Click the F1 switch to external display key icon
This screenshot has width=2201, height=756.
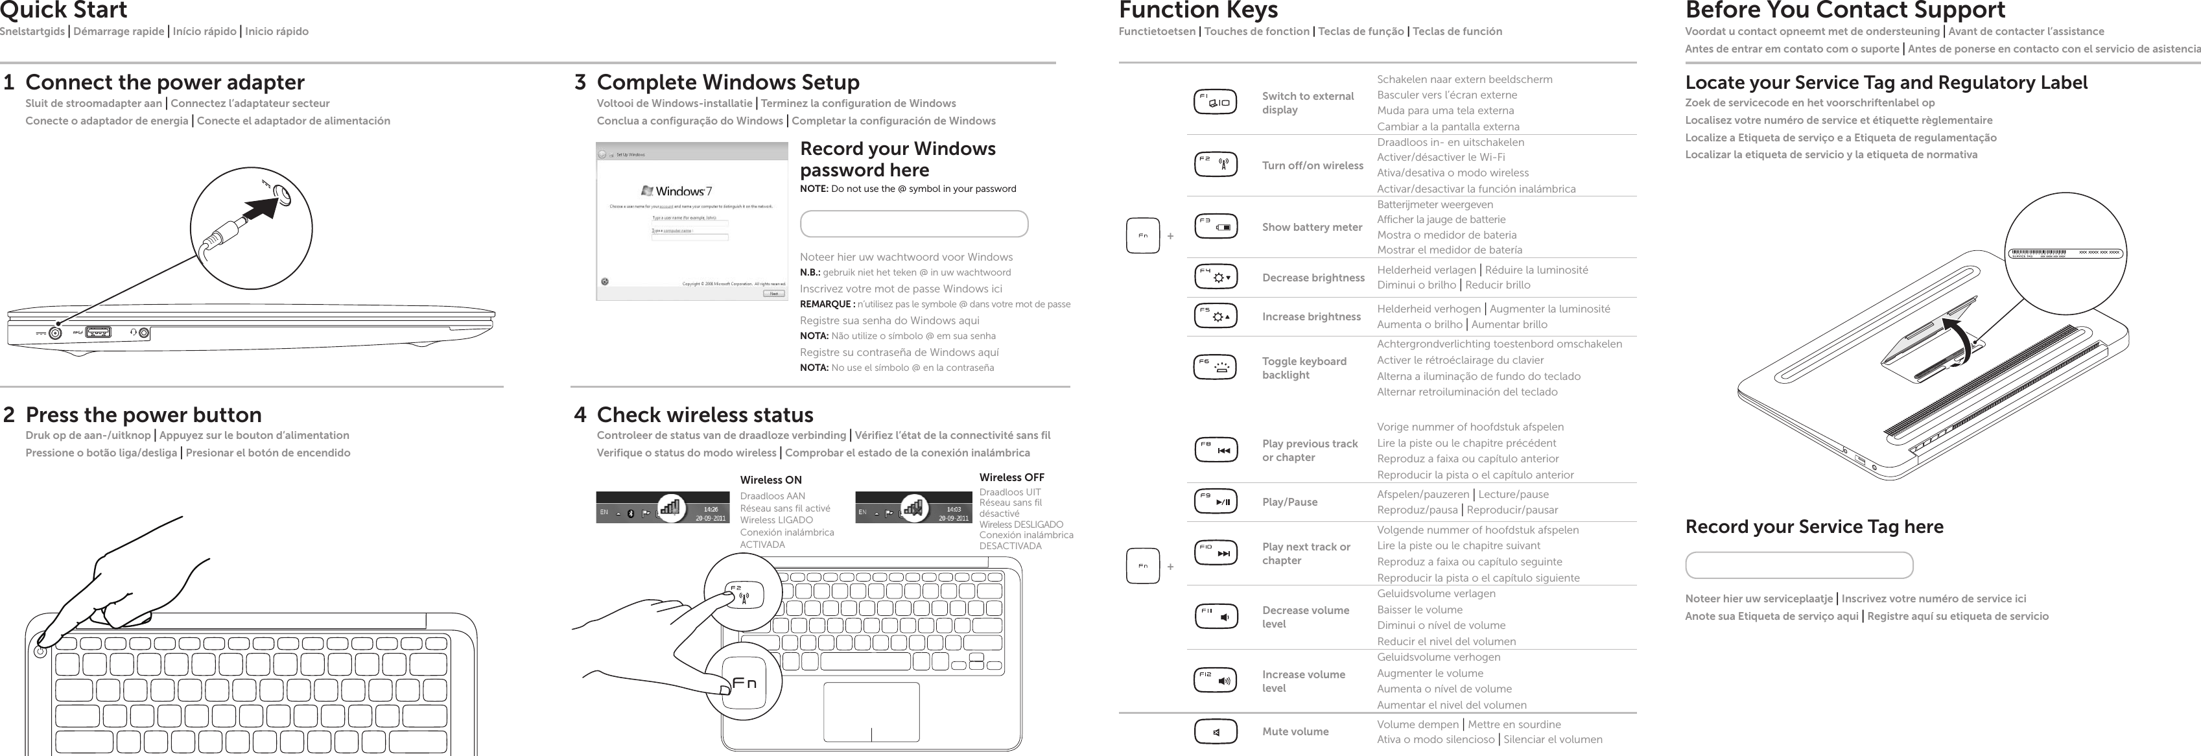1214,102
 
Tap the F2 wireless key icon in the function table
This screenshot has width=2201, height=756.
1214,165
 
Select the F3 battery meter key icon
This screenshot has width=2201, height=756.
1214,227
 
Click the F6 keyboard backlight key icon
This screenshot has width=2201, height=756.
1214,368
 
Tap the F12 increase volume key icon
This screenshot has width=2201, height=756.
1214,681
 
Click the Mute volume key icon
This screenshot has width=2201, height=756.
1214,732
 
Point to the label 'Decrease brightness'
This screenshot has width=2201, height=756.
1312,278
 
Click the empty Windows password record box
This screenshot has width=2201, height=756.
913,224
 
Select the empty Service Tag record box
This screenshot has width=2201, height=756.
1798,565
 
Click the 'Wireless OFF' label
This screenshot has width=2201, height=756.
1011,477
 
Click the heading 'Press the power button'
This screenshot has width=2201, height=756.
143,415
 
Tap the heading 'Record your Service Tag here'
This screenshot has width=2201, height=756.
1813,527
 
